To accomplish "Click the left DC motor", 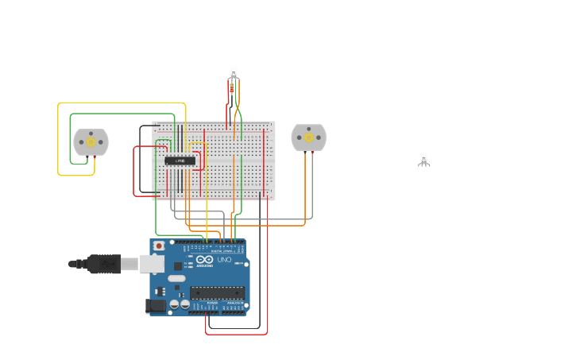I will tap(91, 141).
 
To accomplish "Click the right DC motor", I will tap(308, 137).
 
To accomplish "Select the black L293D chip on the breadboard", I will tap(180, 161).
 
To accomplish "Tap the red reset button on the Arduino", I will tap(159, 246).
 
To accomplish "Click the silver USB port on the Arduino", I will tap(152, 264).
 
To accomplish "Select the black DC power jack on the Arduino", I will tap(156, 305).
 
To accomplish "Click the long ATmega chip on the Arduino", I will tap(216, 292).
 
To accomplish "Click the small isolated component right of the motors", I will tap(424, 160).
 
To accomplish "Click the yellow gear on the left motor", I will tap(91, 142).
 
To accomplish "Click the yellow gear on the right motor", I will tap(309, 137).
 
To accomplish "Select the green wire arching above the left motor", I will tap(119, 114).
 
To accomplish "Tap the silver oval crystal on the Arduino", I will tap(176, 278).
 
